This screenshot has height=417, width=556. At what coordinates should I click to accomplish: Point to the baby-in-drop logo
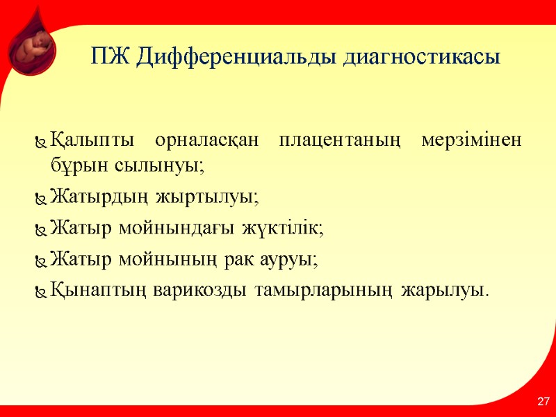pyautogui.click(x=32, y=45)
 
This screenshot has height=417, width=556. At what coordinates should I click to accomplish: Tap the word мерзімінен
pyautogui.click(x=473, y=142)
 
